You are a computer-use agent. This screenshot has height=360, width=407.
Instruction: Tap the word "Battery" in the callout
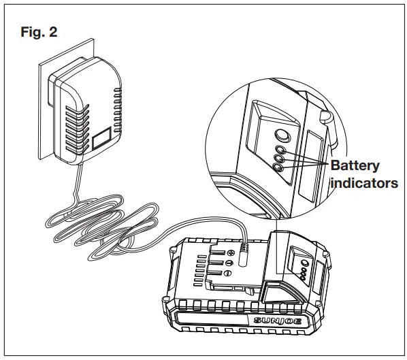point(355,165)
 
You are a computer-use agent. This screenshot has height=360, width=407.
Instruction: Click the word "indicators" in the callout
point(363,183)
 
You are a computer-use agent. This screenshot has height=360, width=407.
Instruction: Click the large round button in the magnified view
point(279,134)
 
